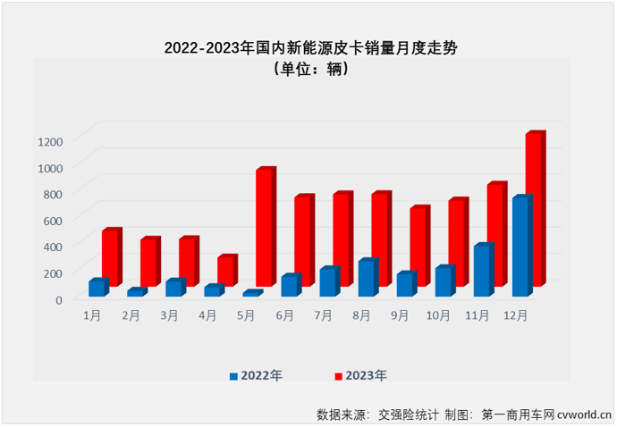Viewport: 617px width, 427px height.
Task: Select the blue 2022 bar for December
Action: coord(521,247)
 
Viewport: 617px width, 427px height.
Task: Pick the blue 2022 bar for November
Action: coord(483,271)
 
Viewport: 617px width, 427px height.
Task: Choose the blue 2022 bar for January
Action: coord(97,288)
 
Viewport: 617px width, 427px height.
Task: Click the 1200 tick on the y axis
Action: coord(50,141)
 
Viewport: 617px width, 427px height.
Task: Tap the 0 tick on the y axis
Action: coord(59,299)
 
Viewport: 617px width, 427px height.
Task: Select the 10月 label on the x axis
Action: coord(438,315)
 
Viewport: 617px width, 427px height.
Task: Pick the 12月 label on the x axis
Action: coord(515,315)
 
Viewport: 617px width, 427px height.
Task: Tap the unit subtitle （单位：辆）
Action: coord(309,70)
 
